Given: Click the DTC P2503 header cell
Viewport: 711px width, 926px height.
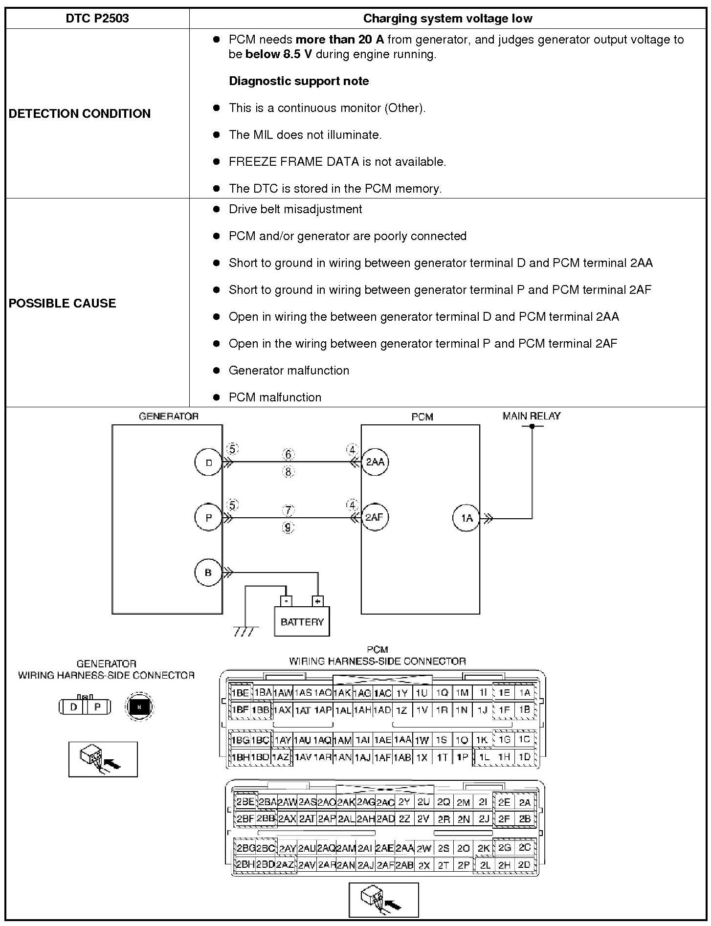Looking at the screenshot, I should pos(97,19).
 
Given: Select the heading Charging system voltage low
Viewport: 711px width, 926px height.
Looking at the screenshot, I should pos(447,19).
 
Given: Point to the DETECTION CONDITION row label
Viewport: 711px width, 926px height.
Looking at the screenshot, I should pos(80,113).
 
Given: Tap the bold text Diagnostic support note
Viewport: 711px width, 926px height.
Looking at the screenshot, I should pos(299,81).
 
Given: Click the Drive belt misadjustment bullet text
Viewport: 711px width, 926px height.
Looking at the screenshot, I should pos(295,209).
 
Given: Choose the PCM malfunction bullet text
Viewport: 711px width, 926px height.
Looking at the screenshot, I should pos(275,397).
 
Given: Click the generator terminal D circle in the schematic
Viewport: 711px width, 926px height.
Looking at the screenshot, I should pos(209,463).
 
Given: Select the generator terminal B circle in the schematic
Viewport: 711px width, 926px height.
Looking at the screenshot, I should pos(208,573).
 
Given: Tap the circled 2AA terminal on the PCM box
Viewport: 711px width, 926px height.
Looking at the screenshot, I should pos(375,462).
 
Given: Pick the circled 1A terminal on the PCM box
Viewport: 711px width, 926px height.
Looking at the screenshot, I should pos(467,518).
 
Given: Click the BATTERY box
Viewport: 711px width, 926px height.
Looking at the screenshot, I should pos(302,621).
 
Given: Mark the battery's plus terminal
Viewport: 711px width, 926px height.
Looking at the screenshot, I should pos(318,601).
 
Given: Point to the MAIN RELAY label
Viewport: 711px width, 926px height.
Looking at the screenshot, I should pos(532,416).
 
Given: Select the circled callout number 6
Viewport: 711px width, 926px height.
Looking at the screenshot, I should pos(289,455).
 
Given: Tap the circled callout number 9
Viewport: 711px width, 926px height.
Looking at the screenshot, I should pos(289,528).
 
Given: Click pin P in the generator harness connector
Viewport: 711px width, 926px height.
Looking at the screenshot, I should pos(97,706).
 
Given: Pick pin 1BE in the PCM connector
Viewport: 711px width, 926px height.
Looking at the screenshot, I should pos(240,693).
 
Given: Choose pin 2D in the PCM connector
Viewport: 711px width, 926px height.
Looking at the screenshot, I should pos(524,865).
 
